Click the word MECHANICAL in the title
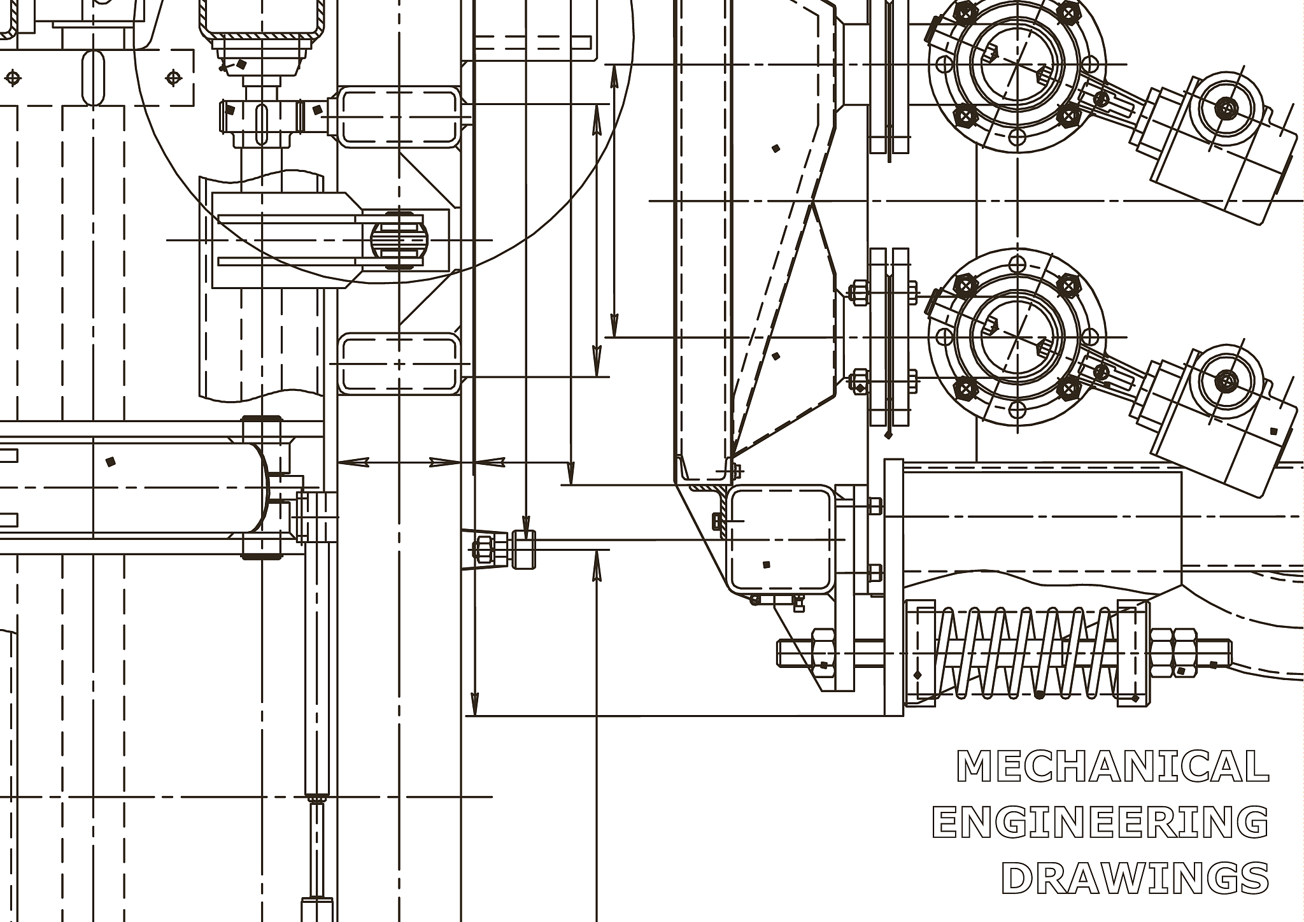pyautogui.click(x=1112, y=766)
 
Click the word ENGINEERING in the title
pyautogui.click(x=1100, y=822)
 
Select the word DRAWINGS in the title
pyautogui.click(x=1135, y=878)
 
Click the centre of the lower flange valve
pyautogui.click(x=1017, y=337)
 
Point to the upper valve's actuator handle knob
pyautogui.click(x=1223, y=108)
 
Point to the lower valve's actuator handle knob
pyautogui.click(x=1223, y=381)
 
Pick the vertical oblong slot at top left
pyautogui.click(x=93, y=78)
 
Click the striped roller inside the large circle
pyautogui.click(x=399, y=240)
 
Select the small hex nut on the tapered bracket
pyautogui.click(x=483, y=548)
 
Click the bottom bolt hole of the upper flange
pyautogui.click(x=1017, y=136)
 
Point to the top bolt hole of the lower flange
pyautogui.click(x=1017, y=264)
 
